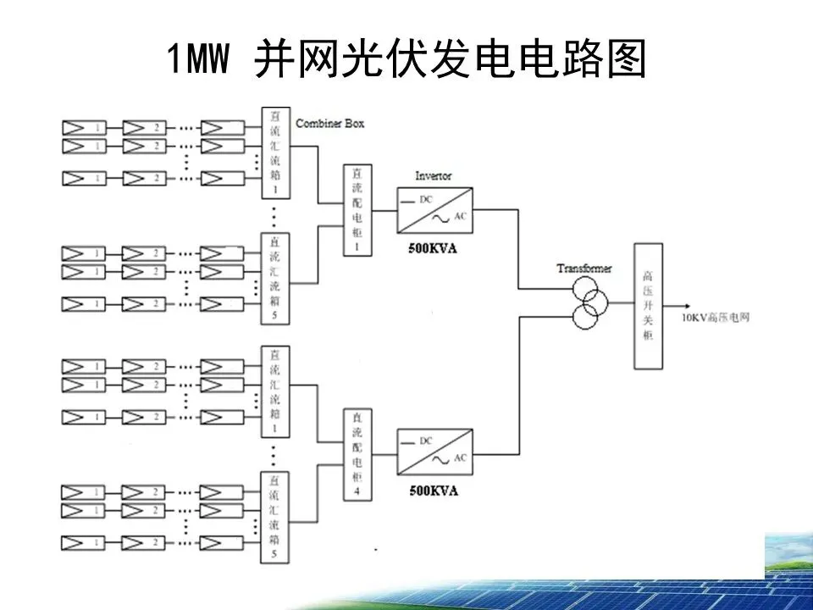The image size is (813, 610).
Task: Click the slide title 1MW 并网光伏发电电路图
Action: click(x=406, y=59)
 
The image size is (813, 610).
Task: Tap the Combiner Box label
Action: click(x=330, y=124)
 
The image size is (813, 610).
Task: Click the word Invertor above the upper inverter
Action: click(x=433, y=175)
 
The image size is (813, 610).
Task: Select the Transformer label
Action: click(x=583, y=269)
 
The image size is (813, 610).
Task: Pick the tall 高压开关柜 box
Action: click(x=648, y=305)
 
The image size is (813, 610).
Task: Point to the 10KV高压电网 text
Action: click(x=716, y=318)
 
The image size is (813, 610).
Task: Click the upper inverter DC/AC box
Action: click(x=434, y=209)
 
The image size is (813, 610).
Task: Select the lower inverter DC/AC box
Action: click(x=434, y=454)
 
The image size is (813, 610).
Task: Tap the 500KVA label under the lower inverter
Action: click(x=433, y=491)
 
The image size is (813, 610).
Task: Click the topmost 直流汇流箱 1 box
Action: click(x=273, y=153)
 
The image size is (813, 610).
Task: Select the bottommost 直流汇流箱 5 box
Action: click(x=273, y=518)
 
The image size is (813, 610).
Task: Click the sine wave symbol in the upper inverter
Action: click(x=441, y=219)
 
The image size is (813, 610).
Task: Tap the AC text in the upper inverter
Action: click(x=461, y=216)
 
